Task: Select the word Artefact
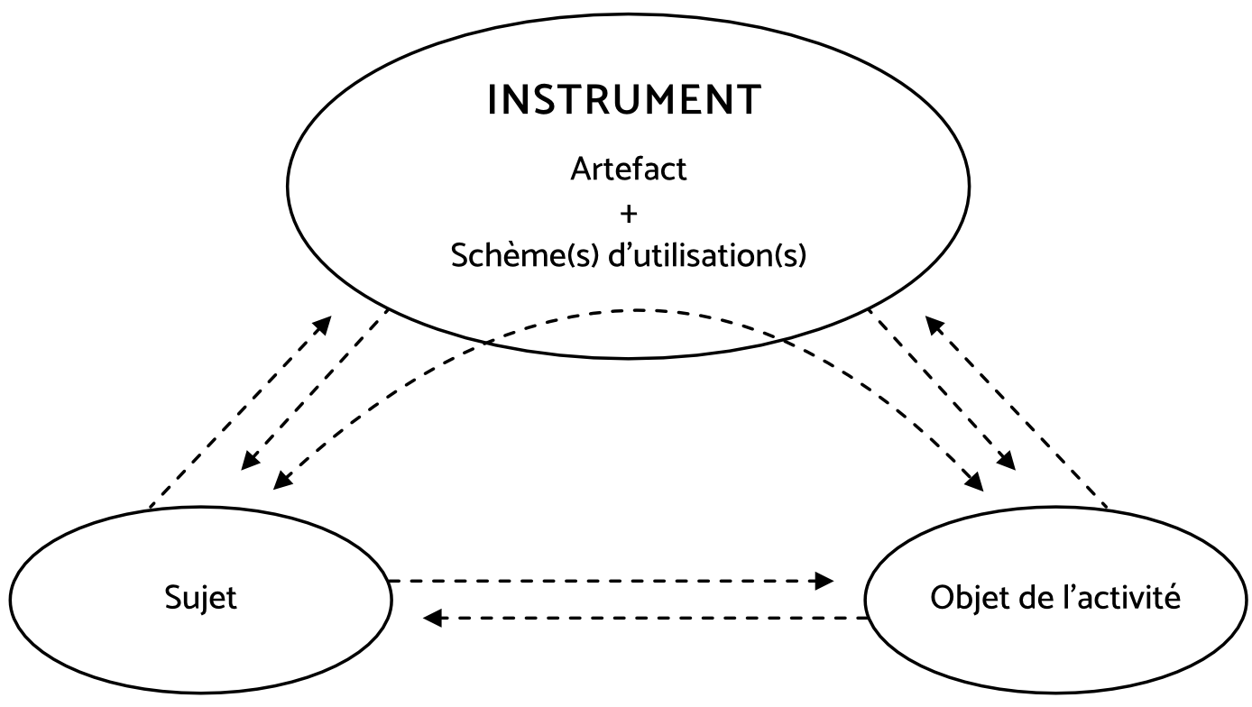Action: (629, 170)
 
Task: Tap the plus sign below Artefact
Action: (629, 215)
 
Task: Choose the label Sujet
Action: (200, 599)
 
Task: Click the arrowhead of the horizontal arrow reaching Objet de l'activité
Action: (825, 581)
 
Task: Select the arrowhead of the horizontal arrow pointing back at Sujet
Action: (432, 618)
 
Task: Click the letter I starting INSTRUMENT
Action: (492, 100)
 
